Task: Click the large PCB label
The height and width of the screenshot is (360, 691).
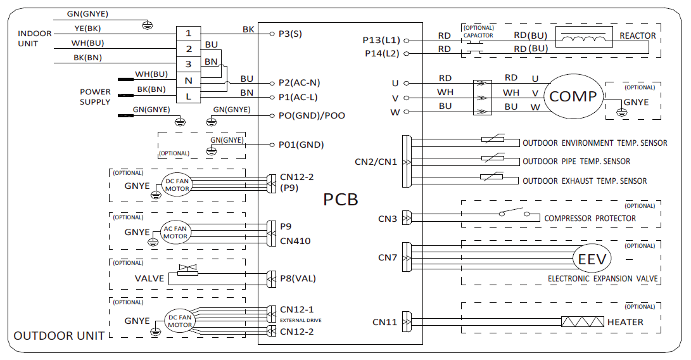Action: click(x=341, y=200)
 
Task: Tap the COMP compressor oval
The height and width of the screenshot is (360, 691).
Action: click(x=573, y=96)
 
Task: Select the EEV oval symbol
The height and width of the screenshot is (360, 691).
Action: click(x=592, y=259)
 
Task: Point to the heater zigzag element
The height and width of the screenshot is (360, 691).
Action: click(x=582, y=322)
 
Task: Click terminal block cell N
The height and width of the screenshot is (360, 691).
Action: click(x=188, y=80)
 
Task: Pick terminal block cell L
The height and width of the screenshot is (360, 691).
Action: click(x=188, y=96)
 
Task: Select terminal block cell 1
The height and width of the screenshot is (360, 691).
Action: click(x=188, y=33)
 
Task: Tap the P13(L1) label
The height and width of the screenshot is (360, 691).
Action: click(x=381, y=40)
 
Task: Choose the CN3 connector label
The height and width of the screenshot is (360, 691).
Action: click(x=387, y=219)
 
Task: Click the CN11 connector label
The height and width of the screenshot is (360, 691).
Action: click(x=384, y=323)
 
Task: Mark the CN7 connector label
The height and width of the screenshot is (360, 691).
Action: click(x=387, y=257)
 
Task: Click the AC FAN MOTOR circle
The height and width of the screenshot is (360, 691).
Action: click(x=175, y=233)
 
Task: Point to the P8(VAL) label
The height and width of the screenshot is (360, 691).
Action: click(x=298, y=278)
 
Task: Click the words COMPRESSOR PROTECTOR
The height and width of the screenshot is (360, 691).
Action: click(x=590, y=219)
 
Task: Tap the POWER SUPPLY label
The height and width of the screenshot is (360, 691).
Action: click(x=95, y=97)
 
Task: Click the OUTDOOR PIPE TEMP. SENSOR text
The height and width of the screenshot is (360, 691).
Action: click(x=576, y=162)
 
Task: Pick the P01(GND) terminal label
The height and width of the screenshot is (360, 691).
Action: click(x=301, y=145)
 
